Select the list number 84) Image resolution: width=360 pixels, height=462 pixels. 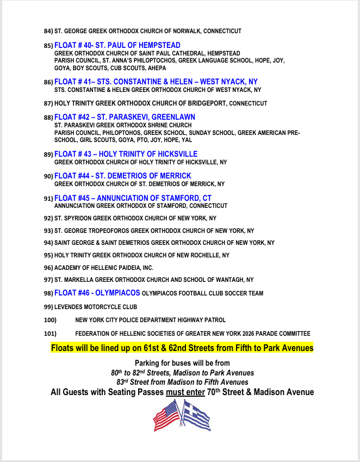48,32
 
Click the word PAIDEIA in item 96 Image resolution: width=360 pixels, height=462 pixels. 126,268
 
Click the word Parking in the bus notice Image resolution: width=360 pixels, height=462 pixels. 148,363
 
